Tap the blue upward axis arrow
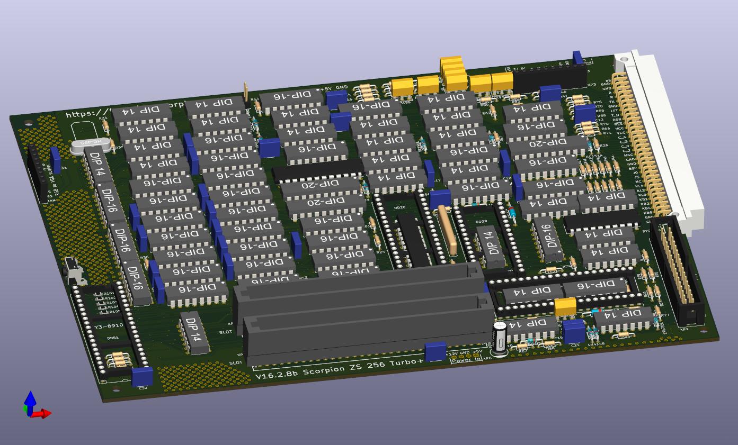tap(30, 400)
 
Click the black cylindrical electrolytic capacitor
tap(499, 337)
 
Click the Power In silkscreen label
tap(465, 359)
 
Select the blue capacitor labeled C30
tap(142, 377)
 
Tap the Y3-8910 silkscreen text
tap(108, 326)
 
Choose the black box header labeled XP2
tap(678, 269)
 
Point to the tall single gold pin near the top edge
tap(245, 91)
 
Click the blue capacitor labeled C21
tap(573, 331)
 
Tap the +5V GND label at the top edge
tap(334, 88)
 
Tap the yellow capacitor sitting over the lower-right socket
tap(565, 306)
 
